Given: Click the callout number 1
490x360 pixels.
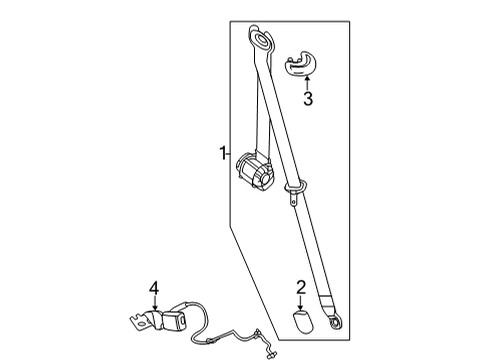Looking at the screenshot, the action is point(222,154).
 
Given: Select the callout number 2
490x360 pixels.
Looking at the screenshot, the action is point(301,288).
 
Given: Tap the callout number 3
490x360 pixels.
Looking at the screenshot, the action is point(308,98).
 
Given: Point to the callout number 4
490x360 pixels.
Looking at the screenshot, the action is point(154,288).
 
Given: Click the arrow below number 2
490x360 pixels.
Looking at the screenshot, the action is point(301,303).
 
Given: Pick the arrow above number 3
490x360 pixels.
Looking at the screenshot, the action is point(308,83).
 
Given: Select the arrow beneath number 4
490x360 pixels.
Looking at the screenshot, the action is point(154,304).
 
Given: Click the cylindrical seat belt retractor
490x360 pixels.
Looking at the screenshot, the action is point(255,172).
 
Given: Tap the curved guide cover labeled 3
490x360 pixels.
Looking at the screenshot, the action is point(300,64).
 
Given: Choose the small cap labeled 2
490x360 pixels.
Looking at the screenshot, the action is point(303,321).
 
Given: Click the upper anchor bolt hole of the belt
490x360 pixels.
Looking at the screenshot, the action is point(262,38).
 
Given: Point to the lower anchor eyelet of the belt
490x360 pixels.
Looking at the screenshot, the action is point(335,323).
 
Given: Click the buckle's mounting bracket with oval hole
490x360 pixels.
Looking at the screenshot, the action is point(142,321).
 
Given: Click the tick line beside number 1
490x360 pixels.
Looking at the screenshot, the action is point(228,154).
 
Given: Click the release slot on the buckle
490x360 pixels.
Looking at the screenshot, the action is point(183,320).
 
